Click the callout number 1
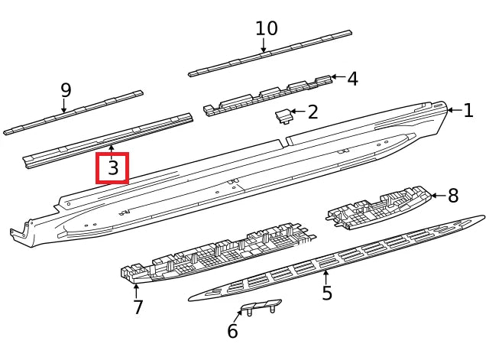[x=468, y=111]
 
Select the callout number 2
[x=313, y=112]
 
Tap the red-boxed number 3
[x=113, y=168]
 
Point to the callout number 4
[x=352, y=79]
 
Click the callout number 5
[x=327, y=294]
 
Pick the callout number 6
[x=232, y=332]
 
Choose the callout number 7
[x=138, y=307]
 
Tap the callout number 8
[x=453, y=196]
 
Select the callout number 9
[x=66, y=90]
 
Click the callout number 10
[x=266, y=29]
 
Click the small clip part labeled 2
[x=283, y=115]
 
